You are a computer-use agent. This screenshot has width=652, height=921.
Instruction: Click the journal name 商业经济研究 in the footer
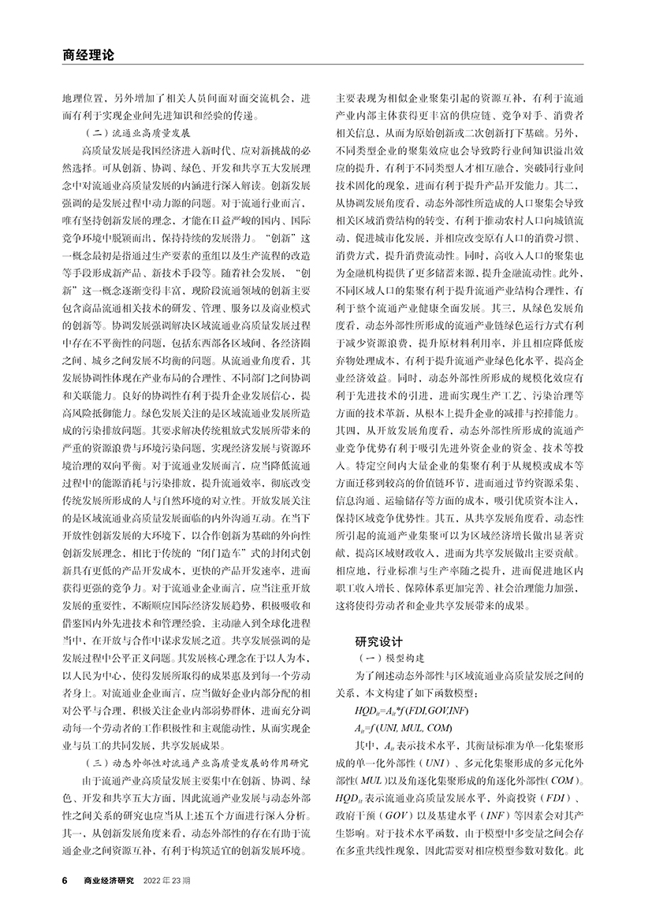pos(109,879)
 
